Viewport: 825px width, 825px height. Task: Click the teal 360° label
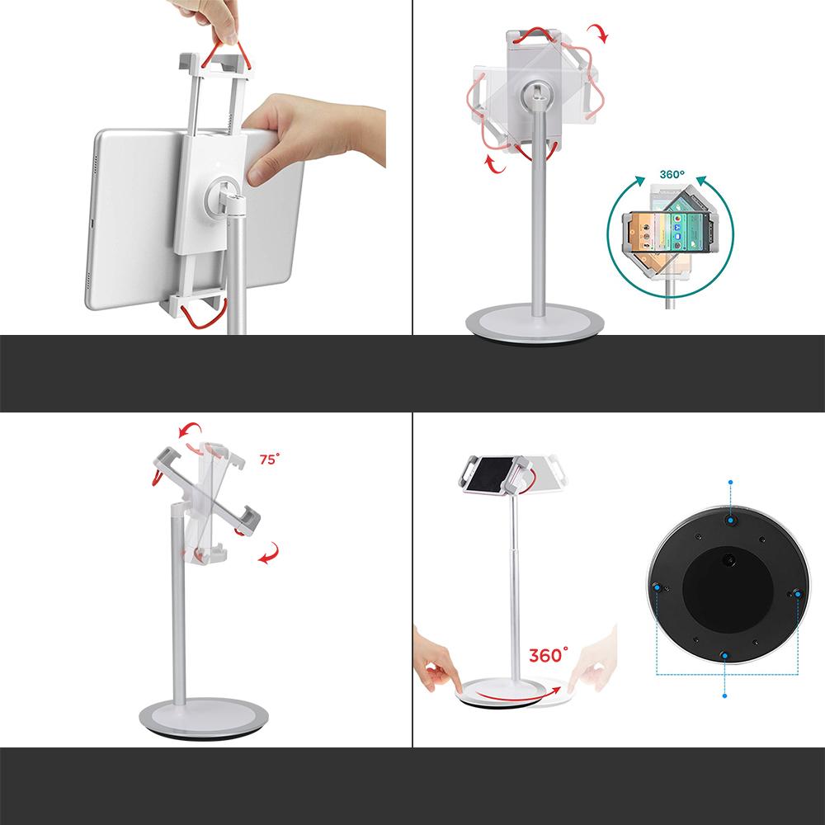[672, 175]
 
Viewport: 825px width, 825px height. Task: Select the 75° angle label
[270, 459]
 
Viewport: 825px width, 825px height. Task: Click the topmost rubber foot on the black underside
[730, 521]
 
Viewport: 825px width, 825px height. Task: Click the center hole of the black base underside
[730, 559]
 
